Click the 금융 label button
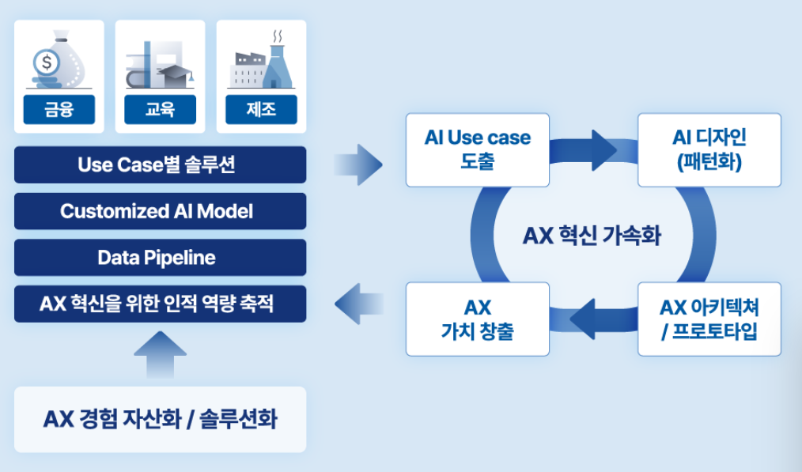click(59, 110)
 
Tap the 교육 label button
click(160, 110)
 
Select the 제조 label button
click(261, 110)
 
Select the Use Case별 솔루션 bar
click(160, 165)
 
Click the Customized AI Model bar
click(160, 211)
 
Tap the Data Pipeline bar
click(160, 258)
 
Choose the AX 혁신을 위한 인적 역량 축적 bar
click(160, 304)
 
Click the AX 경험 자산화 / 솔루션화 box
click(160, 419)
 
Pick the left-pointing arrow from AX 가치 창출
click(360, 303)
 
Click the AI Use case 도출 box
click(477, 149)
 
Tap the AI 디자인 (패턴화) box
click(709, 149)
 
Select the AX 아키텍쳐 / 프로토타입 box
click(709, 319)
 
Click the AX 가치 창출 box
click(477, 319)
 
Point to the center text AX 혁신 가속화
click(592, 236)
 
